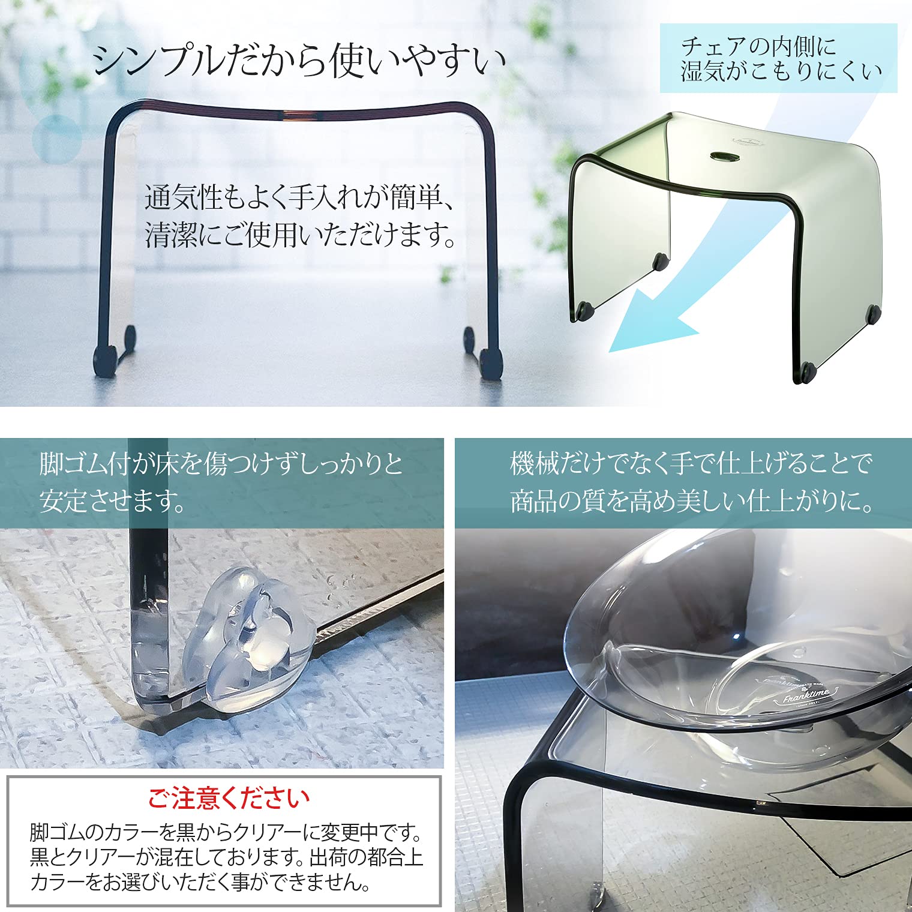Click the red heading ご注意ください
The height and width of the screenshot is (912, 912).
pos(229,798)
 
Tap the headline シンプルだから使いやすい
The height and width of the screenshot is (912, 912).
pos(299,61)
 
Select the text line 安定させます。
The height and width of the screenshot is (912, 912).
pos(113,500)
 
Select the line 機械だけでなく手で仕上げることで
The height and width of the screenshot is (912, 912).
pos(690,463)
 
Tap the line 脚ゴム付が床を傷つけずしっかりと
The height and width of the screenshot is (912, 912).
pos(221,464)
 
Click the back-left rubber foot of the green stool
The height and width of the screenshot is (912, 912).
pos(661,261)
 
